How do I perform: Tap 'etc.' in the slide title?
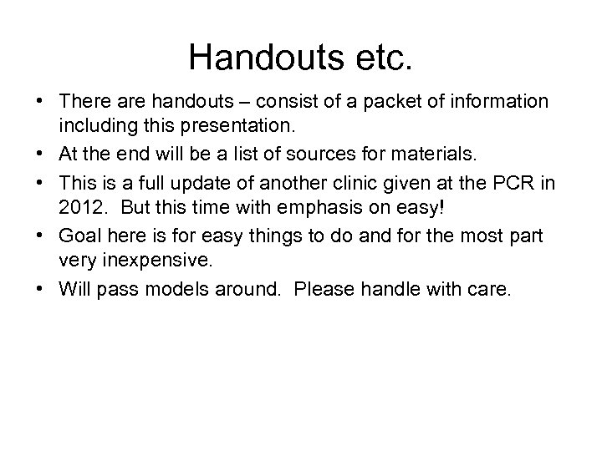click(383, 57)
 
